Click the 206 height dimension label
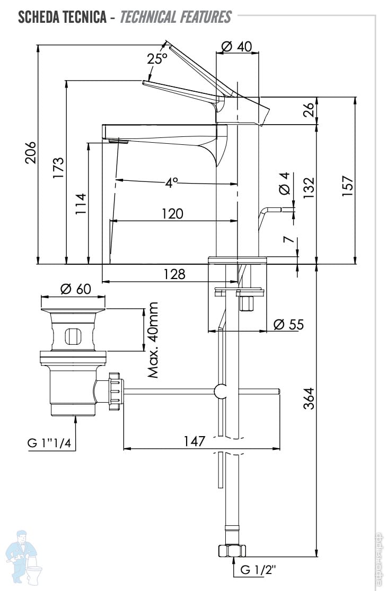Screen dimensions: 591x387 (31, 153)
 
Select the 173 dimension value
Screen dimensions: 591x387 (59, 168)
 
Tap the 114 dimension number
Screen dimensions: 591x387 (81, 204)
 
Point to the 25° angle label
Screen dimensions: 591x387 (157, 59)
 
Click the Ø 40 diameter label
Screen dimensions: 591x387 (235, 47)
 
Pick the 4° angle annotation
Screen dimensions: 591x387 (171, 183)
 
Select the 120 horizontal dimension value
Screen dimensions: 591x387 (172, 214)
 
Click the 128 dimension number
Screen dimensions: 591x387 (174, 274)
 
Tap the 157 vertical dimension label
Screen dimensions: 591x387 (347, 186)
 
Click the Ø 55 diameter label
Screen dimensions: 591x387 (289, 324)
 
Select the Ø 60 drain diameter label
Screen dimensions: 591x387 (75, 289)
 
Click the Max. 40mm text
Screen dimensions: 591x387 (154, 340)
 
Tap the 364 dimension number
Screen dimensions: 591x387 (309, 398)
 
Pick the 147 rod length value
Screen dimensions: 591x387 (195, 441)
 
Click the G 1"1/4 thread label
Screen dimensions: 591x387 (50, 442)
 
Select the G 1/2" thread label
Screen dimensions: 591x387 (258, 570)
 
